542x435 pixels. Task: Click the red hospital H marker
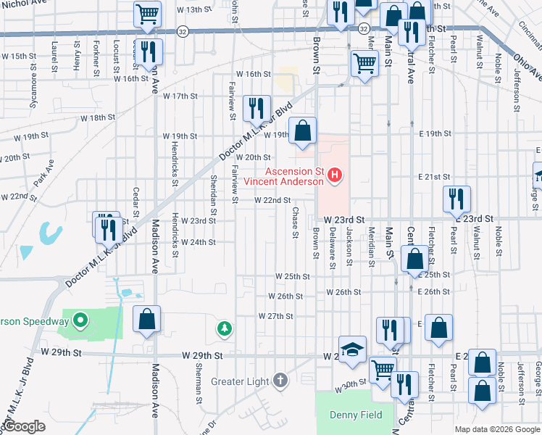[335, 175]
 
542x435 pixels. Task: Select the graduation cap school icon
[353, 349]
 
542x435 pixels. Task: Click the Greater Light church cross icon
[280, 381]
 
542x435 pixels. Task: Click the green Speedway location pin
[81, 320]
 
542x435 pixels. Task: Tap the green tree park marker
[225, 329]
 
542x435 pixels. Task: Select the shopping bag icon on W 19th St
[304, 131]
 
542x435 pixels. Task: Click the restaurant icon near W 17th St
[256, 109]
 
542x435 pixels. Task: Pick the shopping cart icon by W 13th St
[147, 14]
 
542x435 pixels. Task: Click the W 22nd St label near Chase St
[272, 201]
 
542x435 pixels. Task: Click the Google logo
[25, 426]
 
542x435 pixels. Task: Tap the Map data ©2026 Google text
[496, 429]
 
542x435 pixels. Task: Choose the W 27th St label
[275, 316]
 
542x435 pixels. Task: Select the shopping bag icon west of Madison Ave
[147, 320]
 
